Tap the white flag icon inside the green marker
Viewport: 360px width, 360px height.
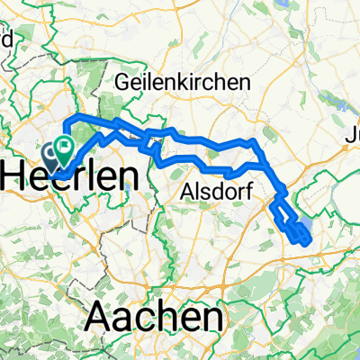click(x=65, y=142)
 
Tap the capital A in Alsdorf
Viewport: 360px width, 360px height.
click(x=187, y=191)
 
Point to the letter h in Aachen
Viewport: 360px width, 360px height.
click(x=171, y=316)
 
